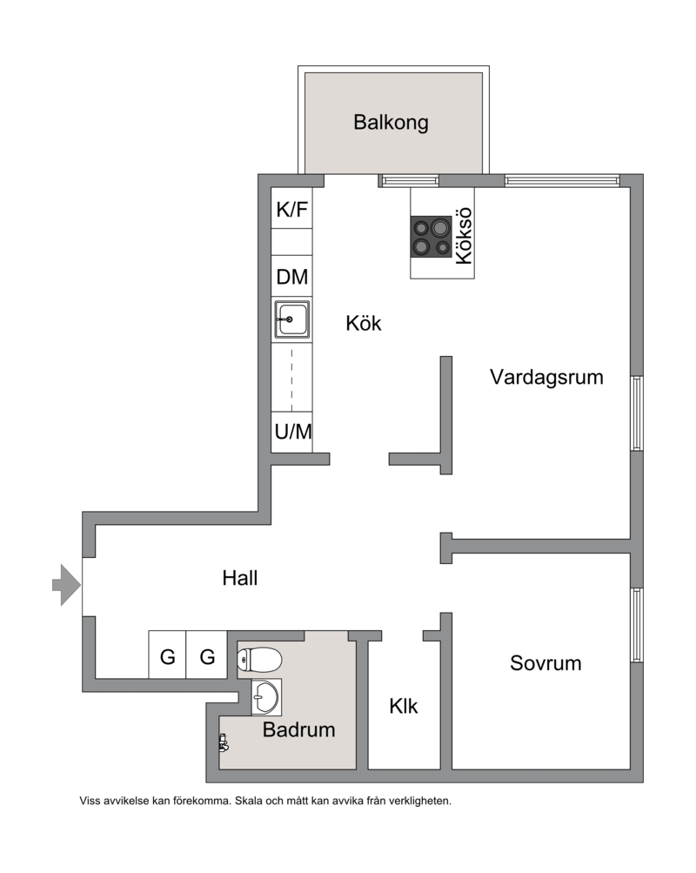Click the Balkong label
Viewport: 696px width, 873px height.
[x=391, y=123]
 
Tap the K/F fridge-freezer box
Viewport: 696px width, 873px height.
[x=291, y=208]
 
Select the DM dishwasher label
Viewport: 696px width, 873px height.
[x=292, y=277]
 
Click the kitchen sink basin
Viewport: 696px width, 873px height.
[x=292, y=319]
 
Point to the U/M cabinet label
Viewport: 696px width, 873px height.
[x=292, y=432]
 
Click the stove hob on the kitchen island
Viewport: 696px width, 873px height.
[x=432, y=237]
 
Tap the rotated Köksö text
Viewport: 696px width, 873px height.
[x=464, y=236]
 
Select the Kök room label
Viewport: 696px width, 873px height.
[x=364, y=324]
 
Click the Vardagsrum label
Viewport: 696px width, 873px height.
[x=546, y=377]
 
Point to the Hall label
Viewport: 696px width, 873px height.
[x=240, y=578]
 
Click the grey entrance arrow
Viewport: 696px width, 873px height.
[x=66, y=585]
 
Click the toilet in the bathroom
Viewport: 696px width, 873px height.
[x=259, y=660]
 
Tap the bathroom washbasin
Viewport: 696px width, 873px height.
[x=266, y=696]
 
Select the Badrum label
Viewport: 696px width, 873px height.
[x=298, y=729]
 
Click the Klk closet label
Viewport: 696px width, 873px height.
[x=404, y=706]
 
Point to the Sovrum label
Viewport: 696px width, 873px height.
[x=545, y=663]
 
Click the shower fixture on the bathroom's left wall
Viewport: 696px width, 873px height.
[x=224, y=743]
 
